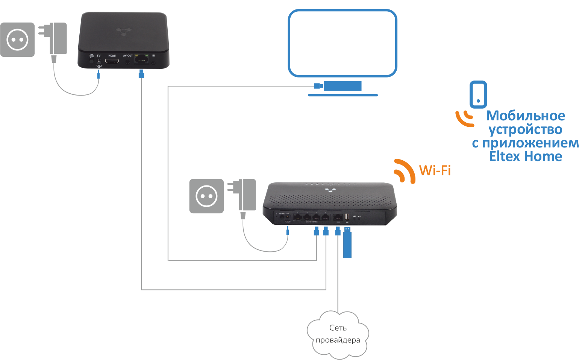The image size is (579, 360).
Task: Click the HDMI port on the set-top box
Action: [111, 61]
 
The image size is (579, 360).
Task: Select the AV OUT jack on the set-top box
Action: [127, 62]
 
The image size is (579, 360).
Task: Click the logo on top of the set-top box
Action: [123, 31]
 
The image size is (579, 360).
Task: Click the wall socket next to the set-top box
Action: [17, 39]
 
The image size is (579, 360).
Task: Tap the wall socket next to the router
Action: [206, 196]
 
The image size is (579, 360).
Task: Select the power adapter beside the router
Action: [247, 195]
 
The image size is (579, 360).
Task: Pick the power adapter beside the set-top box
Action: [58, 38]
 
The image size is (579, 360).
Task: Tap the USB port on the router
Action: [347, 217]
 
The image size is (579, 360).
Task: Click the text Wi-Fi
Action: [435, 170]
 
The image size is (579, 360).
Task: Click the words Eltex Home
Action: [525, 156]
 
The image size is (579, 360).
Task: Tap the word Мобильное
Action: [525, 115]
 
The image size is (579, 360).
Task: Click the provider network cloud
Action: [338, 334]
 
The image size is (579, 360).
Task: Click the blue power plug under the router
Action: [287, 231]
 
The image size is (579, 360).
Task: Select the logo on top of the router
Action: [330, 190]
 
